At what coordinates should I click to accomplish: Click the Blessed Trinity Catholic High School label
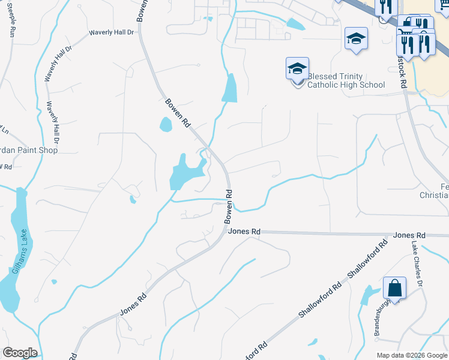pos(346,80)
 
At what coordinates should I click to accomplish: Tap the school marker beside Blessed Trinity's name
pos(297,70)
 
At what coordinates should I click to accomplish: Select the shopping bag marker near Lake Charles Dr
pos(396,288)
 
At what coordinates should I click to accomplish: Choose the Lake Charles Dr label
pos(418,263)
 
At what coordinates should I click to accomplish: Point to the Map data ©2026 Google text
pos(411,355)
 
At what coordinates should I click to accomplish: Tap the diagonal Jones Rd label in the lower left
pos(133,305)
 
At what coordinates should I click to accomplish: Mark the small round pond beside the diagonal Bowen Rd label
pos(165,124)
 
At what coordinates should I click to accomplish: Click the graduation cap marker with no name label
pos(356,39)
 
